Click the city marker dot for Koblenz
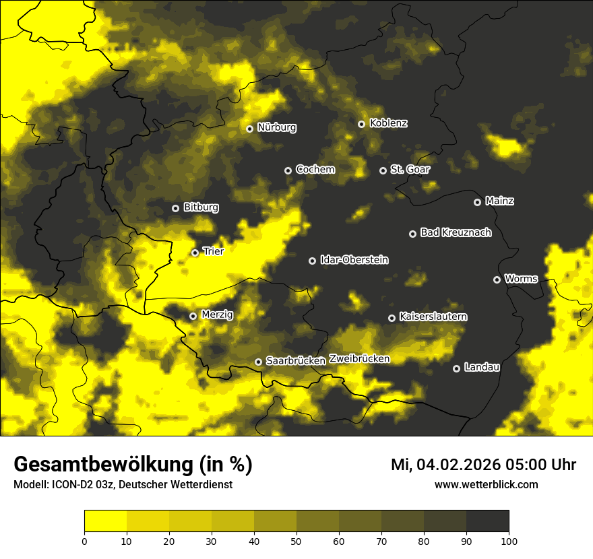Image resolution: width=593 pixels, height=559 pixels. tap(361, 124)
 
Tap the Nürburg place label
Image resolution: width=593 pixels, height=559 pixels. tap(277, 127)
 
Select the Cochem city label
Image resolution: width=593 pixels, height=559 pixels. tap(315, 170)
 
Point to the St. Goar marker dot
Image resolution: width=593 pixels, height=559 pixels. tap(383, 170)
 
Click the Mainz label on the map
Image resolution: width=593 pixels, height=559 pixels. tap(499, 201)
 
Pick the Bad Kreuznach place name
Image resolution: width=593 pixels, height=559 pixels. tap(456, 232)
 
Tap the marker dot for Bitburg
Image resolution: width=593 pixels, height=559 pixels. tap(175, 208)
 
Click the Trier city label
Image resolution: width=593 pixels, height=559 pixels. tap(213, 251)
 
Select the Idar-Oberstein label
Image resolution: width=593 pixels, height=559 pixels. tap(354, 260)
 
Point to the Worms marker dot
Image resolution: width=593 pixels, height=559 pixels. tap(497, 279)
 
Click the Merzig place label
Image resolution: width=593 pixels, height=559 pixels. tap(217, 315)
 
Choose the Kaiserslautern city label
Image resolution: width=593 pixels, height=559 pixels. tap(433, 317)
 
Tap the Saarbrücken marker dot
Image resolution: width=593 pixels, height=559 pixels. tap(258, 362)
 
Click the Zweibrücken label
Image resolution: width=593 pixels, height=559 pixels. tap(359, 359)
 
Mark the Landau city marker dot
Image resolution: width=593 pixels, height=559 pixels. tap(456, 368)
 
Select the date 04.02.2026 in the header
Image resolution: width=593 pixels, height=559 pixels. tap(450, 465)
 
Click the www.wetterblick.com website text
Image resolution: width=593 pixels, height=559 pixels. tap(486, 485)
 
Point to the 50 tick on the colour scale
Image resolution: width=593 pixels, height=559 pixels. tap(296, 540)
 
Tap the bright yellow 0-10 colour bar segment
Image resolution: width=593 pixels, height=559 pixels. tap(105, 521)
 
